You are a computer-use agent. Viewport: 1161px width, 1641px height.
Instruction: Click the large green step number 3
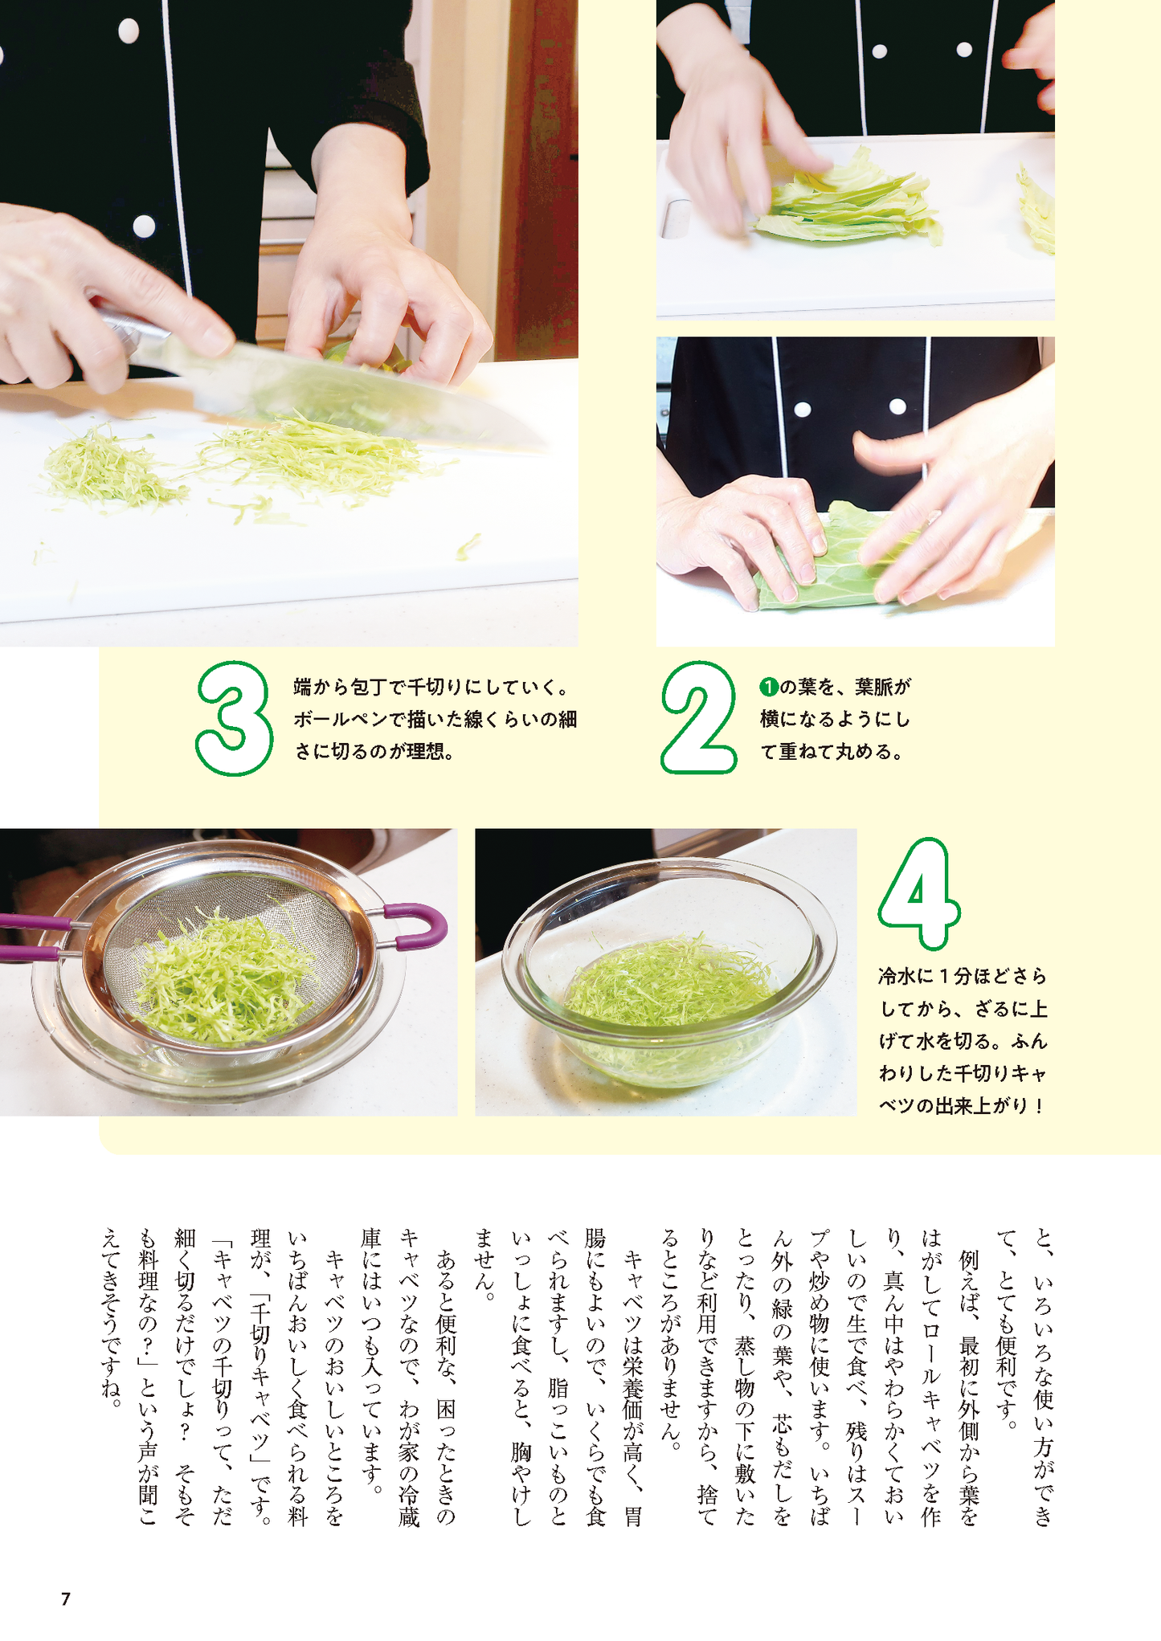(234, 717)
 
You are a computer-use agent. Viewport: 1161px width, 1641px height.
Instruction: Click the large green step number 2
(697, 717)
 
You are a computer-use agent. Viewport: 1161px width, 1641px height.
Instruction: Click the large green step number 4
(919, 892)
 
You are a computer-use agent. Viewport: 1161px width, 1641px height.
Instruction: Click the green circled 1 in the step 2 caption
(768, 687)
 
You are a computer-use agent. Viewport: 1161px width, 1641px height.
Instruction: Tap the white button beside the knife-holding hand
(144, 227)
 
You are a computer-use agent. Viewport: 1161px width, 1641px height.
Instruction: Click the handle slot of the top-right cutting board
(673, 219)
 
